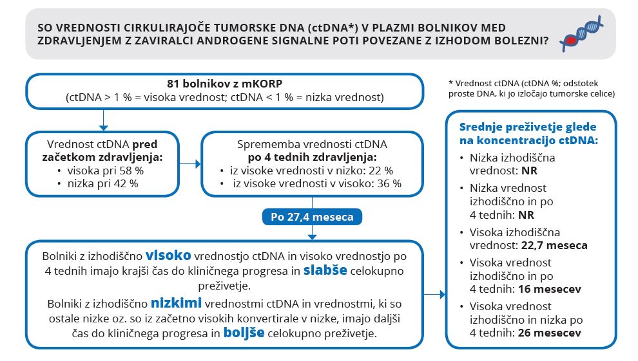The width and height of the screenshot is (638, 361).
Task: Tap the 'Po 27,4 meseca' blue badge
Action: click(x=312, y=217)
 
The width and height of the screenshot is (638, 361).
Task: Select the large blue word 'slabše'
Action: click(x=325, y=270)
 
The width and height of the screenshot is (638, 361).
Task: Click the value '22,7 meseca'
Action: click(x=553, y=245)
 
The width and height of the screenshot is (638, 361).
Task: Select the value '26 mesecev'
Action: click(x=550, y=333)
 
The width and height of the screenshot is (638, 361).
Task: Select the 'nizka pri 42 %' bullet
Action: click(x=102, y=183)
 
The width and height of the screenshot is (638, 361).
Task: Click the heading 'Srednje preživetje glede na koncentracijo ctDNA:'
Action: click(x=528, y=133)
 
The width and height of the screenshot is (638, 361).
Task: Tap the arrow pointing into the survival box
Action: click(x=442, y=295)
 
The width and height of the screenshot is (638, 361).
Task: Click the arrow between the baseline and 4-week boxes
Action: click(x=189, y=164)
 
